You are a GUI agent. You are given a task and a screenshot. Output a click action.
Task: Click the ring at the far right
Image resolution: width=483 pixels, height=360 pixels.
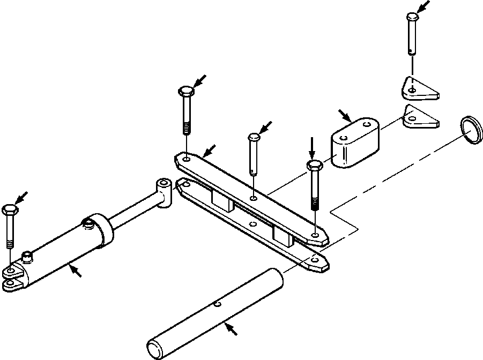pos(470,130)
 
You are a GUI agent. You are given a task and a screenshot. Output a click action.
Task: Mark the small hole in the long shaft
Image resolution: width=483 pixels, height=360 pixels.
pos(217,305)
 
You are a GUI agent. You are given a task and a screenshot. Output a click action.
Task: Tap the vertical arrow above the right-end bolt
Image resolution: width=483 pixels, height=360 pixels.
pos(312,146)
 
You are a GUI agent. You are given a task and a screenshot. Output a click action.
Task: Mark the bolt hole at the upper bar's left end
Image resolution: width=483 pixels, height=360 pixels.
pos(185,159)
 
